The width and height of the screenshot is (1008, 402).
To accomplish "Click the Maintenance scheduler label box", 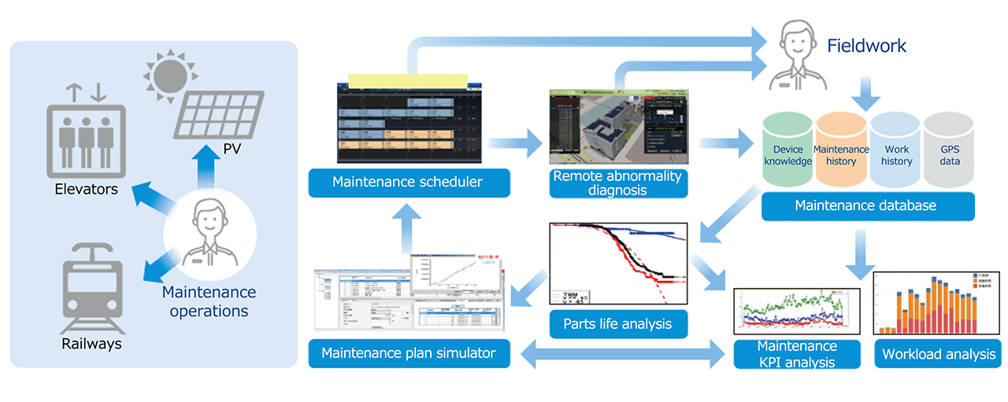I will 409,183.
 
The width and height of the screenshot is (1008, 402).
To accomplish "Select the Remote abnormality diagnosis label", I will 617,183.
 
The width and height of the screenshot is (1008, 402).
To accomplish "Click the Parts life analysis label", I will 617,323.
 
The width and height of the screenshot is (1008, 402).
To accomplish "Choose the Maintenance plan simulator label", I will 409,353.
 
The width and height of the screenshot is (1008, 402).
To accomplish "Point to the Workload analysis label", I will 938,354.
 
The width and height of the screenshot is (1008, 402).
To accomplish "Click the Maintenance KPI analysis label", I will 796,354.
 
